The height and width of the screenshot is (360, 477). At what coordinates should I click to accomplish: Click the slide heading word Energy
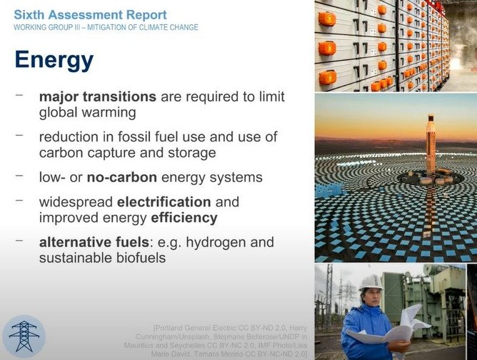(x=54, y=61)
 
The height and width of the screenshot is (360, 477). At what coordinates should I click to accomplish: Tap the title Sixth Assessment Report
(x=91, y=14)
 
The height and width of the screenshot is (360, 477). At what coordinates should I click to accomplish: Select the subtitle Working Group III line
(x=106, y=27)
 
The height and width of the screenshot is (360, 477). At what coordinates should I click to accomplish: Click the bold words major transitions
(x=98, y=96)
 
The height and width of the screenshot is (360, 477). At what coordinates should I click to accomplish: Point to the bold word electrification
(x=164, y=202)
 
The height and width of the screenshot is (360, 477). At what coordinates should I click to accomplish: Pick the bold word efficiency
(x=184, y=218)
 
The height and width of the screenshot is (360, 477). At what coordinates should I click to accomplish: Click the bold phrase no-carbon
(x=122, y=177)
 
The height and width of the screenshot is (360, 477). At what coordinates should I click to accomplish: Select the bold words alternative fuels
(x=94, y=242)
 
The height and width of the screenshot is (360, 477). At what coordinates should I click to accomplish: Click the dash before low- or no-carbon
(x=19, y=176)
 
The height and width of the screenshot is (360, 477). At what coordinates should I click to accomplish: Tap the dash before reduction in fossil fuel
(x=19, y=135)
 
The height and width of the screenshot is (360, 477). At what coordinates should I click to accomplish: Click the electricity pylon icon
(x=24, y=336)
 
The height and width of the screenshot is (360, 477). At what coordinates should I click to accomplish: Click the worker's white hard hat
(x=371, y=282)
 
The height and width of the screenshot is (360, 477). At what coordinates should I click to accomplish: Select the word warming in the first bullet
(x=109, y=113)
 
